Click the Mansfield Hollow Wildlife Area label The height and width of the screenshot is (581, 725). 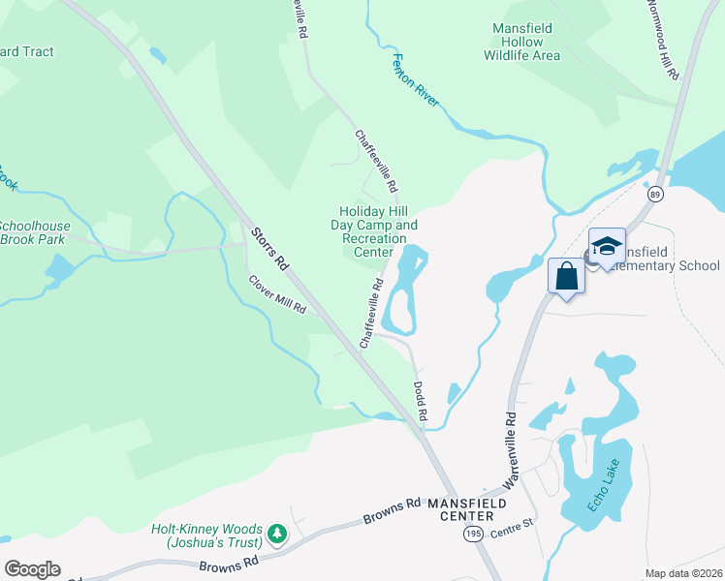522,42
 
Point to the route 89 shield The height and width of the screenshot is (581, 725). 656,195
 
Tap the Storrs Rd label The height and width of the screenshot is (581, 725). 269,249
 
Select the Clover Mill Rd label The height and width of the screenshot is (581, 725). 277,295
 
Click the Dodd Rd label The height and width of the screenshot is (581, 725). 421,399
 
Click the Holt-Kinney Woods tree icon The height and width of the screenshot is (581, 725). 278,533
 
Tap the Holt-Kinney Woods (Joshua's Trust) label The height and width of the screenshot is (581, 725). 206,536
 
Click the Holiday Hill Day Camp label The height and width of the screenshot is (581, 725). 378,231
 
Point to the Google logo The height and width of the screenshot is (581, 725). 32,568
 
